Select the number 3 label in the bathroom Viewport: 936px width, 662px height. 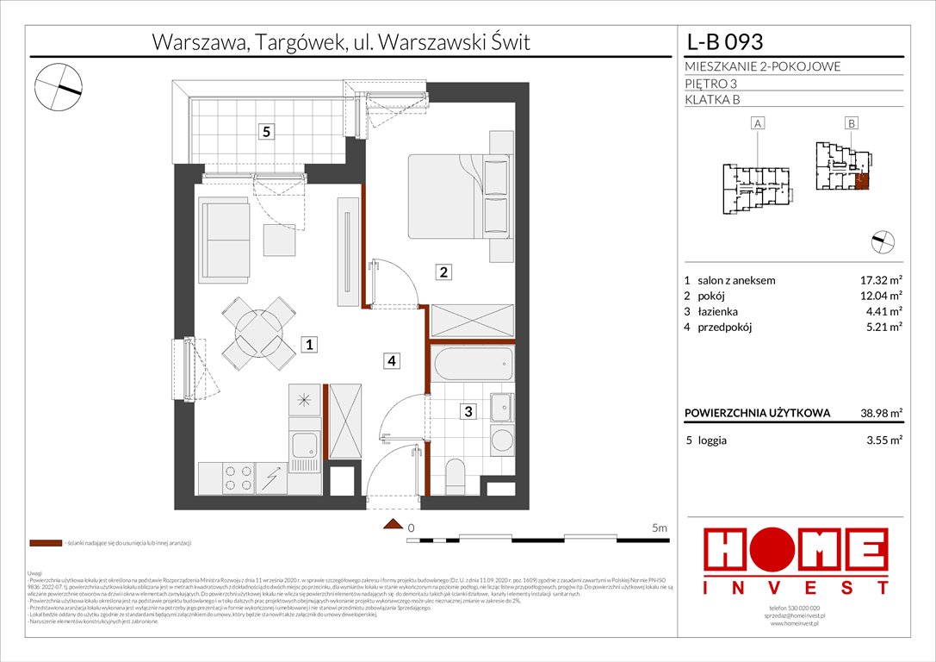pyautogui.click(x=468, y=412)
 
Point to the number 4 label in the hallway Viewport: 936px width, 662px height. pyautogui.click(x=391, y=361)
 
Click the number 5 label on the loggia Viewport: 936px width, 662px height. pyautogui.click(x=267, y=132)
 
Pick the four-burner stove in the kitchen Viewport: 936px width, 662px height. pyautogui.click(x=239, y=478)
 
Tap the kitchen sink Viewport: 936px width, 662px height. pyautogui.click(x=305, y=446)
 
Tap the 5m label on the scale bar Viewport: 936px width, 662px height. pyautogui.click(x=660, y=527)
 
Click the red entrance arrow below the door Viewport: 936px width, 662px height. pyautogui.click(x=393, y=524)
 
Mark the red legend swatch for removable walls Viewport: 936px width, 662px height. pyautogui.click(x=46, y=544)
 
